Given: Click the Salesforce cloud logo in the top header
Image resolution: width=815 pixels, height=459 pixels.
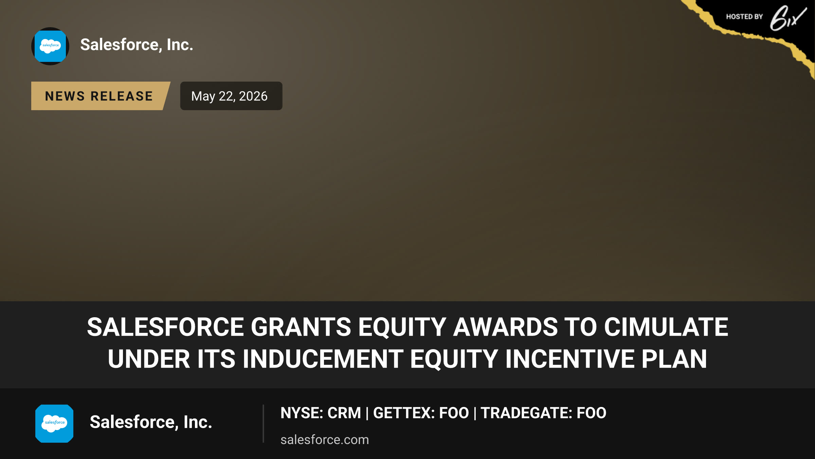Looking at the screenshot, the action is tap(50, 46).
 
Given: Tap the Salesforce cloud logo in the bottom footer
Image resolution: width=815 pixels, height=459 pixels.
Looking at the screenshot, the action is tap(54, 424).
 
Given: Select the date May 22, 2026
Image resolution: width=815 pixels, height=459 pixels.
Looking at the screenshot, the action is tap(230, 96).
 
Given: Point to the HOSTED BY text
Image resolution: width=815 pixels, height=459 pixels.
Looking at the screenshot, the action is tap(744, 17).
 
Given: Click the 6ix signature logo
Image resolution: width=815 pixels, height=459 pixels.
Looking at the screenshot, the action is tap(788, 18).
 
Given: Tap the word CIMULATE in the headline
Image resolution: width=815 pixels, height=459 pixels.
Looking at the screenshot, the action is tap(666, 327).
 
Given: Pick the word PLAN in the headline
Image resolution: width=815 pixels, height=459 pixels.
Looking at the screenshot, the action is tap(674, 359).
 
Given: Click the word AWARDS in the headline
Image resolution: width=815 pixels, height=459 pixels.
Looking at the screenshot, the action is tap(505, 327).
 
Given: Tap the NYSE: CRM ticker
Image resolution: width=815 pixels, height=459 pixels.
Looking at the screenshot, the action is tap(321, 413).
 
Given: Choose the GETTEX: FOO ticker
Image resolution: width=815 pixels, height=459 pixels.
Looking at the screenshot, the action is tap(421, 413).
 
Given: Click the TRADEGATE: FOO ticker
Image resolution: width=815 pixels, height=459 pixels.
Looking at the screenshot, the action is tap(543, 413).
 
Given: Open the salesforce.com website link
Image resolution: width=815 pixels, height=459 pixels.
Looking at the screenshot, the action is tap(325, 440).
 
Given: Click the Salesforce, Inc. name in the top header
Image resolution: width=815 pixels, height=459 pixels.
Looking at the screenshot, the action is tap(137, 45).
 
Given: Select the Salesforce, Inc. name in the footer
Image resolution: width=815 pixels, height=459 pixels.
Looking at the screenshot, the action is tap(151, 422).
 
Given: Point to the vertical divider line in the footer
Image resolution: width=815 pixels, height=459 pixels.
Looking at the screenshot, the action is tap(263, 424).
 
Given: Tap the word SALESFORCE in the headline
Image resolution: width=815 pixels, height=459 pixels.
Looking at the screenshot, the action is tap(165, 327).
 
